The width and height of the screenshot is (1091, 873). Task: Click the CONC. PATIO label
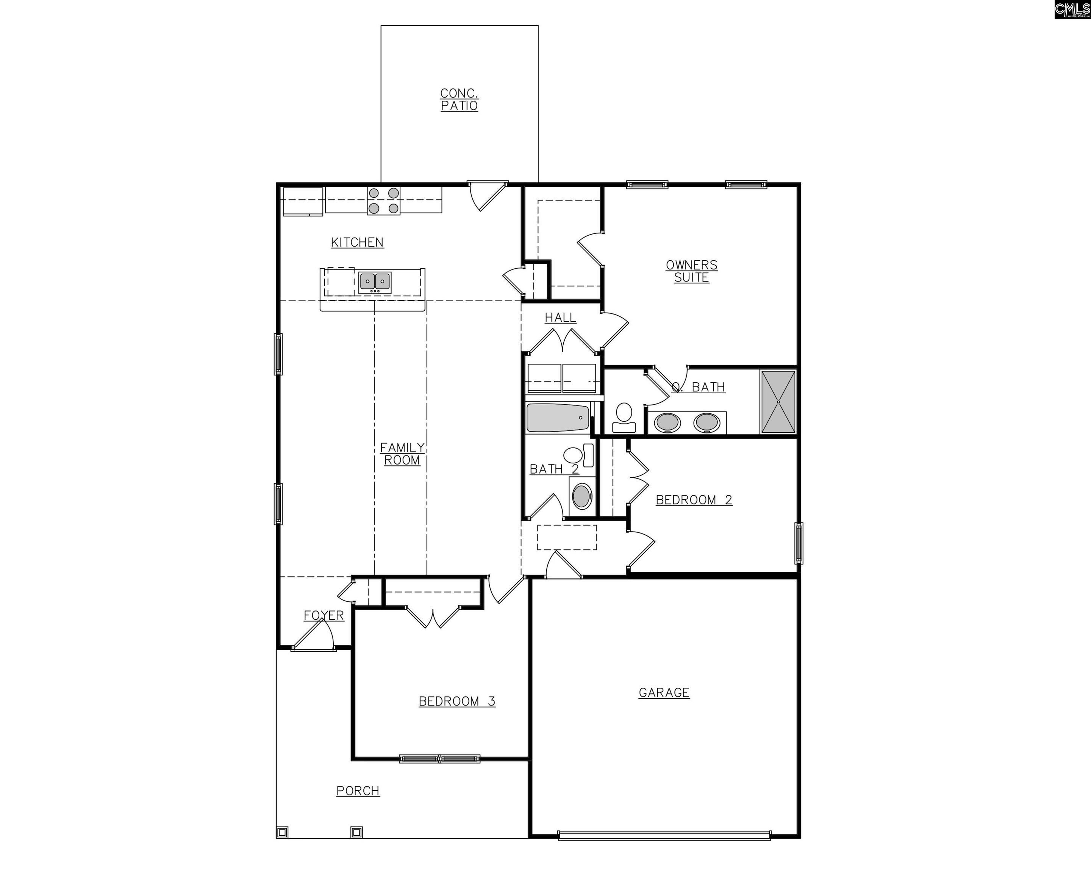[459, 100]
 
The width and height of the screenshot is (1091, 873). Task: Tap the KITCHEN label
[357, 242]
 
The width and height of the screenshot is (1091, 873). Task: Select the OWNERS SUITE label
[691, 271]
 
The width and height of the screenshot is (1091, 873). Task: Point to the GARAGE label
[664, 693]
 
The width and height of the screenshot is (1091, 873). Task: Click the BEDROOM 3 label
[457, 701]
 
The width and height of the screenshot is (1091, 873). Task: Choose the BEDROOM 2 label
[694, 500]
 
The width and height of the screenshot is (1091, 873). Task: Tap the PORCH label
[358, 791]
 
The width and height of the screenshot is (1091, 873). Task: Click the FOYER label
[324, 615]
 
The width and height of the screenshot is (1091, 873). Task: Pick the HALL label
[560, 318]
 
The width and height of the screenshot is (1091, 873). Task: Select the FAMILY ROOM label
[402, 454]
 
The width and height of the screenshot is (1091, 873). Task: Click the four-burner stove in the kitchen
[383, 200]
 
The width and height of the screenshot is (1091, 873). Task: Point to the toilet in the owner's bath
[624, 418]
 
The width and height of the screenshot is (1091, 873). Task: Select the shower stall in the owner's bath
[778, 402]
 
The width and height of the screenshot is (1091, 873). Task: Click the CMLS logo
[1072, 9]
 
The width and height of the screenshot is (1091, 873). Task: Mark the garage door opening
[664, 835]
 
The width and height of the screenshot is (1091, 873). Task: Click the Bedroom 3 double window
[439, 759]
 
